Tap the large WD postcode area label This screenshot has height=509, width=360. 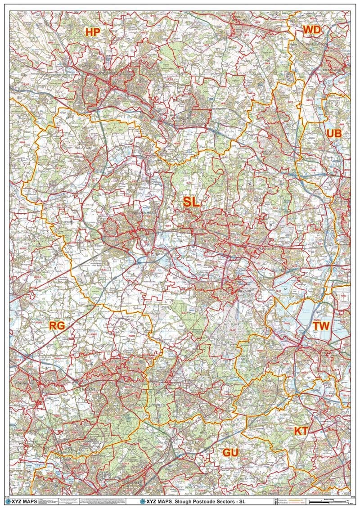click(x=311, y=30)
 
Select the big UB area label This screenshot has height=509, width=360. click(x=334, y=133)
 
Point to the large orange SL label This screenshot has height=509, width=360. click(x=191, y=203)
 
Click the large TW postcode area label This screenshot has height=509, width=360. click(x=322, y=325)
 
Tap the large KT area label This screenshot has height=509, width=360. click(x=301, y=431)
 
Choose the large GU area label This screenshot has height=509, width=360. click(x=229, y=452)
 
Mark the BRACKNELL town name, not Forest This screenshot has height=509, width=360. click(x=88, y=388)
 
